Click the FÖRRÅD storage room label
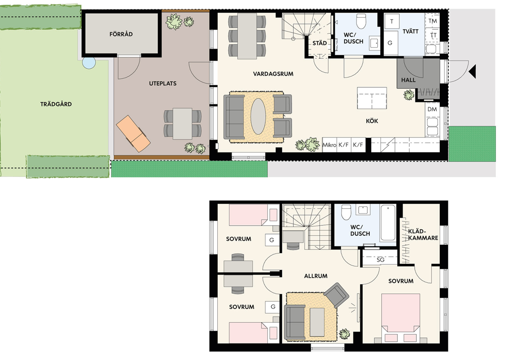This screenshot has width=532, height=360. pyautogui.click(x=121, y=34)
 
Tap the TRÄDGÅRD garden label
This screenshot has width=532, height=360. pyautogui.click(x=56, y=104)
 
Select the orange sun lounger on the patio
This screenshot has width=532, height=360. pyautogui.click(x=133, y=133)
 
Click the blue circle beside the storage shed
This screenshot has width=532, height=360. pyautogui.click(x=89, y=63)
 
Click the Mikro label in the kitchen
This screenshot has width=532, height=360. pyautogui.click(x=329, y=145)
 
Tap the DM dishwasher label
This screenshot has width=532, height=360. pyautogui.click(x=432, y=109)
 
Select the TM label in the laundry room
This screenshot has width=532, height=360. pyautogui.click(x=433, y=21)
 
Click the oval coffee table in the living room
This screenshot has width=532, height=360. pyautogui.click(x=258, y=117)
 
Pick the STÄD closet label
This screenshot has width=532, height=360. pyautogui.click(x=320, y=43)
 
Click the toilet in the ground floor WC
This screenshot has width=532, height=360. pyautogui.click(x=361, y=21)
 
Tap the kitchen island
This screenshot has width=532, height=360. pyautogui.click(x=372, y=98)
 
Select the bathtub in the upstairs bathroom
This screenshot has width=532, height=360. pyautogui.click(x=388, y=223)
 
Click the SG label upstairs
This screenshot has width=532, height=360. pyautogui.click(x=380, y=260)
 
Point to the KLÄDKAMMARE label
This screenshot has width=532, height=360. pyautogui.click(x=423, y=235)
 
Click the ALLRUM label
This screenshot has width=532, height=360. pyautogui.click(x=316, y=276)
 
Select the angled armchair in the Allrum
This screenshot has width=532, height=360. pyautogui.click(x=336, y=296)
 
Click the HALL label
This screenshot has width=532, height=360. pyautogui.click(x=408, y=80)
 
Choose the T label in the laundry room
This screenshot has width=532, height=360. pyautogui.click(x=391, y=21)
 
